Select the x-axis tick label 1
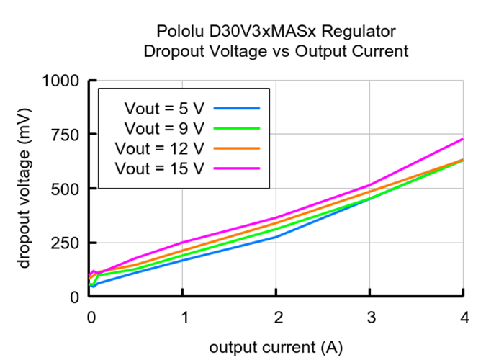pyautogui.click(x=183, y=318)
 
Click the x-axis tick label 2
pyautogui.click(x=276, y=318)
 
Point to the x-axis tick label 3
pyautogui.click(x=370, y=318)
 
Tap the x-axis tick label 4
pyautogui.click(x=464, y=318)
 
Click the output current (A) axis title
pyautogui.click(x=276, y=347)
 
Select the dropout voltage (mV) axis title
pyautogui.click(x=26, y=189)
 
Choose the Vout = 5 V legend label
pyautogui.click(x=165, y=109)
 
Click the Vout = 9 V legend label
pyautogui.click(x=165, y=128)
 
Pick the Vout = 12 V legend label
pyautogui.click(x=161, y=148)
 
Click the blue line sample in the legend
pyautogui.click(x=237, y=109)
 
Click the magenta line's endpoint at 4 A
pyautogui.click(x=463, y=139)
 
